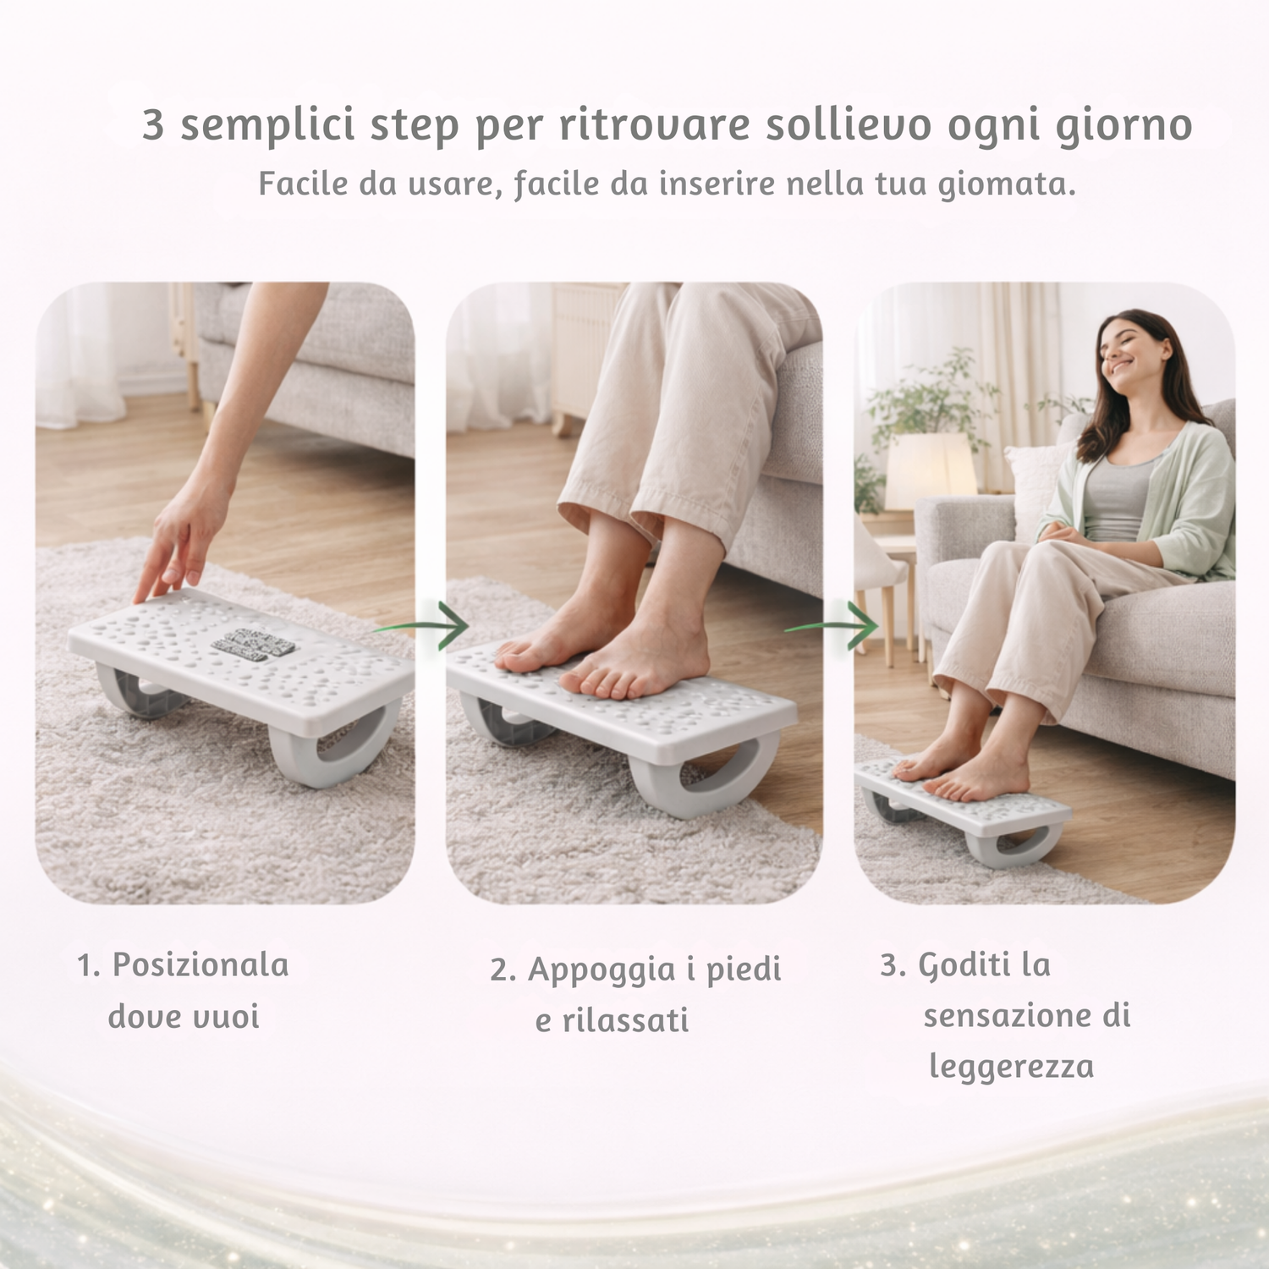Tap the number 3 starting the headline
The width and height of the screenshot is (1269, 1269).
coord(153,124)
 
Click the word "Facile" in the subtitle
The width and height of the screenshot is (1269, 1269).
coord(303,183)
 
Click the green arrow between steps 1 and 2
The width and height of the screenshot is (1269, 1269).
coord(420,627)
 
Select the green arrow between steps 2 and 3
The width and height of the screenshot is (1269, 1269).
coord(832,627)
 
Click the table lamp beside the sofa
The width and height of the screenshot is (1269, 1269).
coord(930,472)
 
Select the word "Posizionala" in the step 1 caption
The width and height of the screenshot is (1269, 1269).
coord(201,965)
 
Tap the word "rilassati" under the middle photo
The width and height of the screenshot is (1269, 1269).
coord(625,1020)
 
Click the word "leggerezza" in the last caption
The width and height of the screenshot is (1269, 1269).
coord(1011,1068)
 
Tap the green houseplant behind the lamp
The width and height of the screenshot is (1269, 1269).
coord(926,398)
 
